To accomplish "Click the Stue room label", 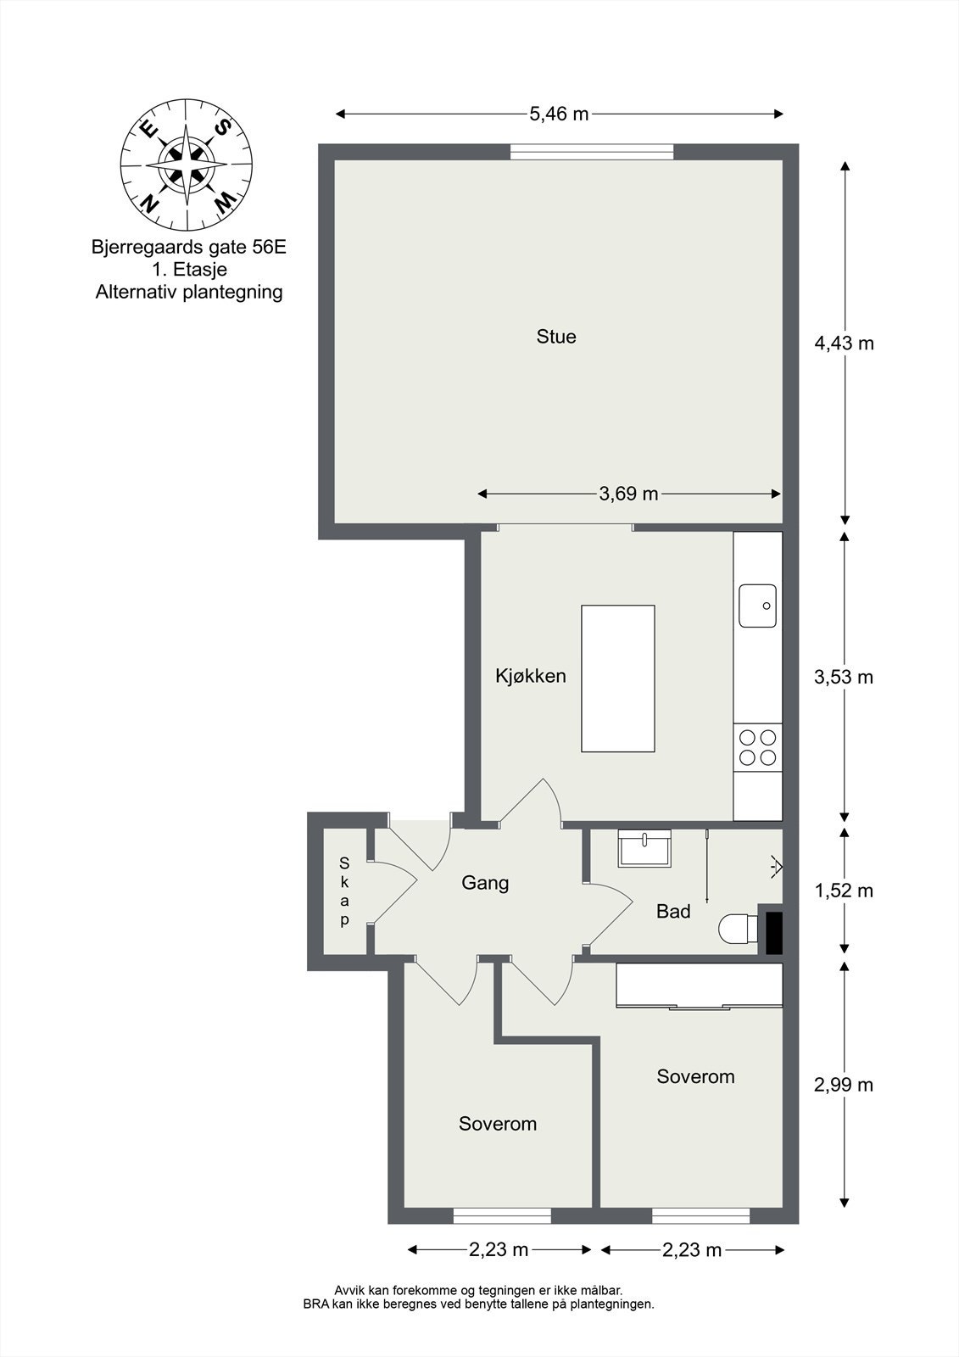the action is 555,337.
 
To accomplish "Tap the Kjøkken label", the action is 531,675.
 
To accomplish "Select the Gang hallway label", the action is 485,883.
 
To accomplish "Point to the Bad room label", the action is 673,911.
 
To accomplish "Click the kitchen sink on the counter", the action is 757,606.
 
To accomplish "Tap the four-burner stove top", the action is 757,747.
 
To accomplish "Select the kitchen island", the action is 618,678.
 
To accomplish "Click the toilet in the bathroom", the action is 738,928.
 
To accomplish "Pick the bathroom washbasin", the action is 644,848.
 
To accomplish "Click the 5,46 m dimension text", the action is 559,114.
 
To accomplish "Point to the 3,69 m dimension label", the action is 628,494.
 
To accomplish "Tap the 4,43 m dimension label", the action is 844,343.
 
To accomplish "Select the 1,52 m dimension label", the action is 844,891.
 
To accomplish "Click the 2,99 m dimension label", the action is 844,1085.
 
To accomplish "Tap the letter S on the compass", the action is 224,127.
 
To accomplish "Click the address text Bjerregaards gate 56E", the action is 188,247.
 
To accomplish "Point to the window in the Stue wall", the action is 592,152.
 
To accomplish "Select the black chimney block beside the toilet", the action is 773,933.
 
